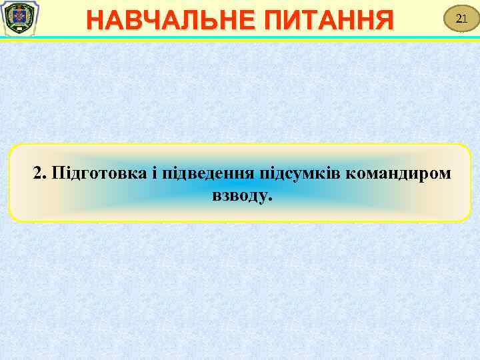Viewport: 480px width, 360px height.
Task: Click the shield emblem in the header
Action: coord(19,19)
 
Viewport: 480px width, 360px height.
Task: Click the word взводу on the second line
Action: coord(239,196)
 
